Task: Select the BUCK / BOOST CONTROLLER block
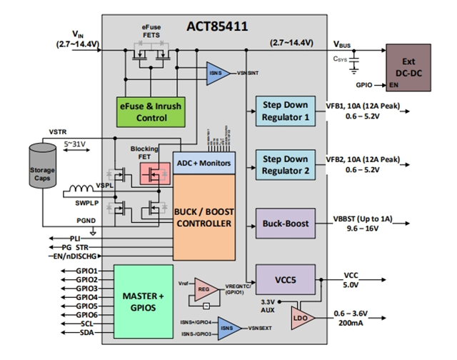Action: point(204,217)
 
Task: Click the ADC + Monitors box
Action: point(204,163)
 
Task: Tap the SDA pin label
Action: point(86,333)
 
